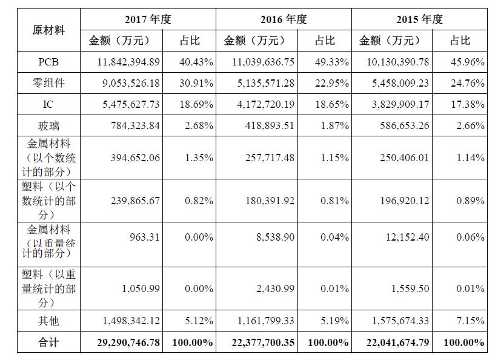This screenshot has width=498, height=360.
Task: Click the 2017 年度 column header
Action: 148,19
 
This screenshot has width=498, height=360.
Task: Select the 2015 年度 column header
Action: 420,19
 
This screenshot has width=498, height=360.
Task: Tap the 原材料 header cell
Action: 48,30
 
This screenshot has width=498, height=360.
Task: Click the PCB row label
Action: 48,62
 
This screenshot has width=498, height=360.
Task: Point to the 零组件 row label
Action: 48,83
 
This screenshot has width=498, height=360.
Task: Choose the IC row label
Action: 48,104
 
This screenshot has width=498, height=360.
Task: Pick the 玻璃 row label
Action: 48,125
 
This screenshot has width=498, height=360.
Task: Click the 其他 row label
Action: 48,321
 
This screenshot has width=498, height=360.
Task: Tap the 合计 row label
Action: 48,342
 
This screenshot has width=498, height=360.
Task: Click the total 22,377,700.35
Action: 263,342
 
